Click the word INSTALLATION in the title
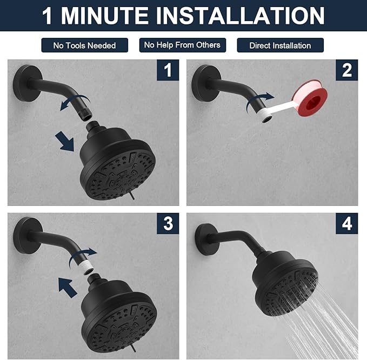coord(241,16)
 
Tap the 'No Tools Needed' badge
coord(84,45)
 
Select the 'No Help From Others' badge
coord(182,45)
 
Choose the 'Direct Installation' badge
coord(280,45)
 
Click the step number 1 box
coord(168,70)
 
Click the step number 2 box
coord(346,70)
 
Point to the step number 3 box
coord(168,223)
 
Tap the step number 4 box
coord(346,223)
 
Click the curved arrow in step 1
coord(73,102)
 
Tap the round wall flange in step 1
coord(24,79)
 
